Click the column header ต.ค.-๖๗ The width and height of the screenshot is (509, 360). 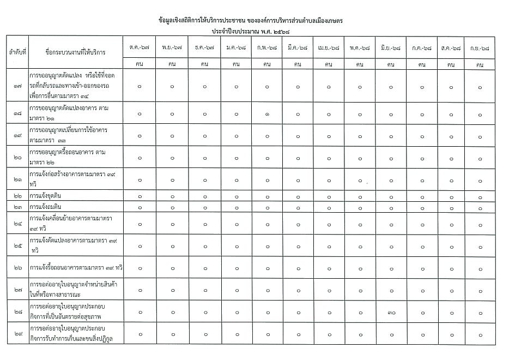point(140,48)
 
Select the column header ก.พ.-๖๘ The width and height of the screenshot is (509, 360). point(266,48)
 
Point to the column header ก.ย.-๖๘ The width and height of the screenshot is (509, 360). point(480,48)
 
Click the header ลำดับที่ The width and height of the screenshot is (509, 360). point(17,52)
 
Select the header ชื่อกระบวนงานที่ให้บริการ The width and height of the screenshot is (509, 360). point(76,52)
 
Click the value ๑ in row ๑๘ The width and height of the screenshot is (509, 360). point(266,114)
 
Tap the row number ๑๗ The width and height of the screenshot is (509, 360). point(17,86)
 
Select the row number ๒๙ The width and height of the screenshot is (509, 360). point(17,334)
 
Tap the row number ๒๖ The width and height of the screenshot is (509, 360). point(17,268)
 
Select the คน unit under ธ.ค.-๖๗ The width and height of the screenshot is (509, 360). point(204,64)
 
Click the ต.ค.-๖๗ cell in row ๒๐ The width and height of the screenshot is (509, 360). point(140,158)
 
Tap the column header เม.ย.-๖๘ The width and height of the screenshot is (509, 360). point(329,48)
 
